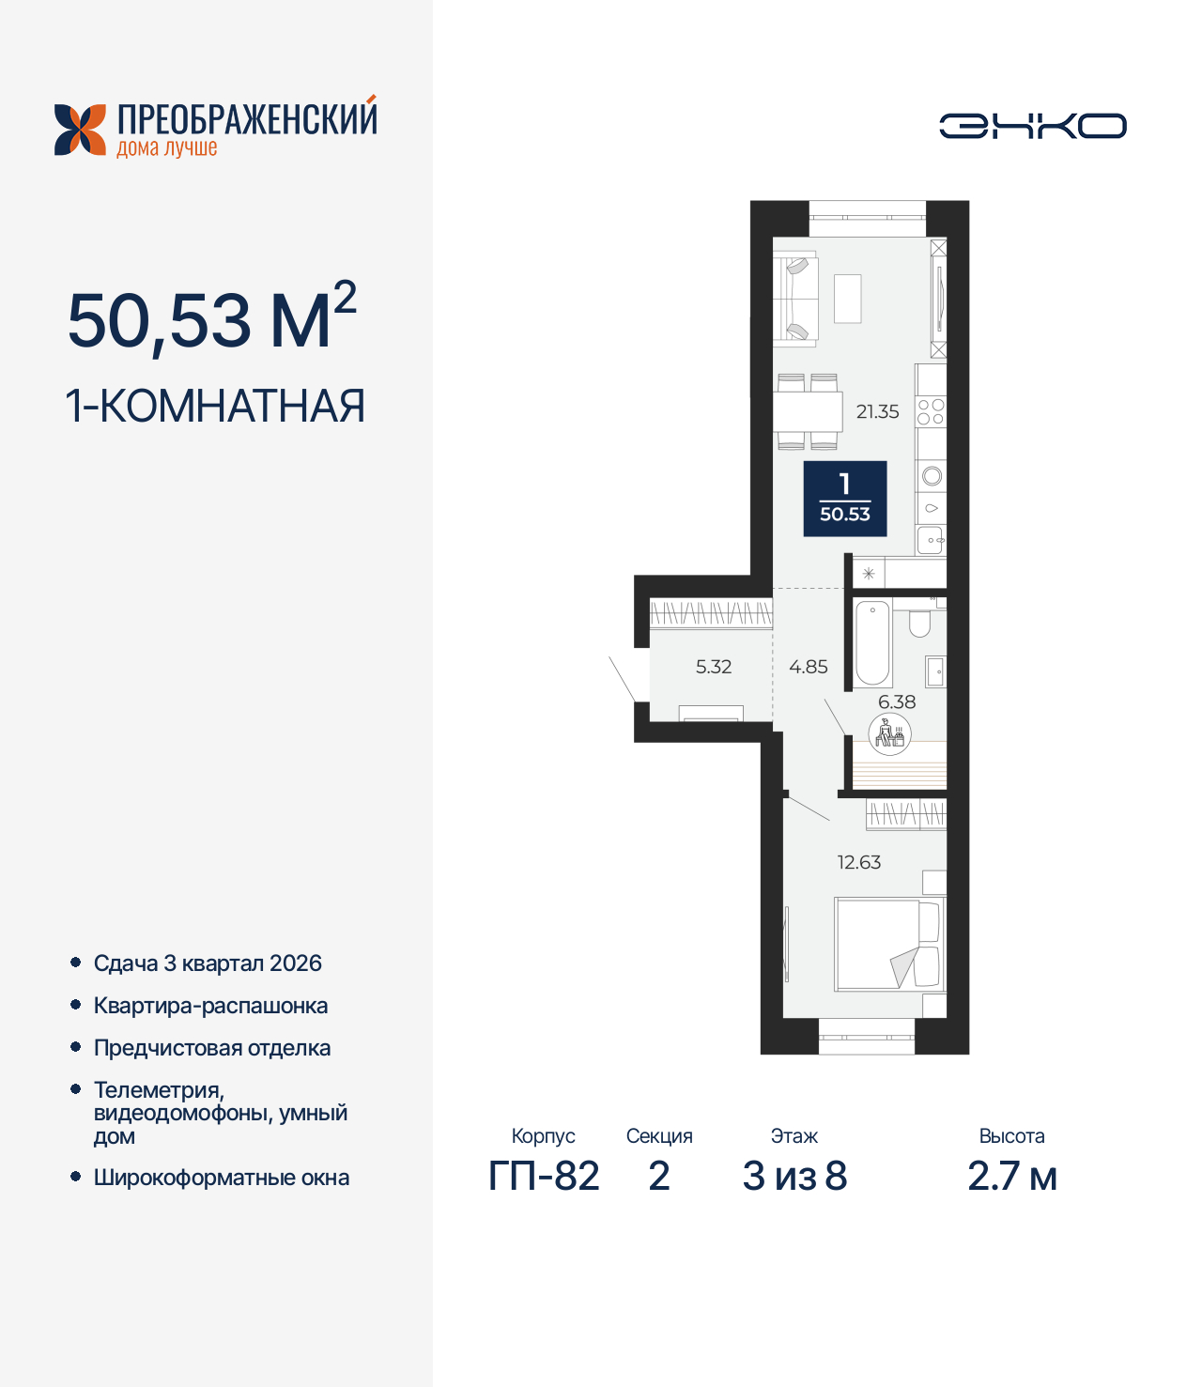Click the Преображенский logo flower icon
pos(80,130)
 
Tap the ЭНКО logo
pos(1033,126)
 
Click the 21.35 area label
pos(877,411)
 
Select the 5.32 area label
pos(714,667)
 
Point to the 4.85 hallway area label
pos(809,667)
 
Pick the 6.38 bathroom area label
pos(897,701)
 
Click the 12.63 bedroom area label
pos(859,862)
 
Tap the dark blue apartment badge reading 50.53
pos(845,499)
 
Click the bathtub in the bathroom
pos(872,643)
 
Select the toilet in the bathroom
pos(919,623)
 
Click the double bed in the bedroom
pos(887,945)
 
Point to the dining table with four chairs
pos(808,411)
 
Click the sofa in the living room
pos(794,299)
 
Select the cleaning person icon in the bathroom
pos(890,734)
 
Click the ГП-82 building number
pos(544,1176)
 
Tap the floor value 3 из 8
pos(794,1176)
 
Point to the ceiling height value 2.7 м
pos(1012,1176)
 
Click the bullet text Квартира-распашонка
pos(210,1006)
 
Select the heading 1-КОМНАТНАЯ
pos(215,407)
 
